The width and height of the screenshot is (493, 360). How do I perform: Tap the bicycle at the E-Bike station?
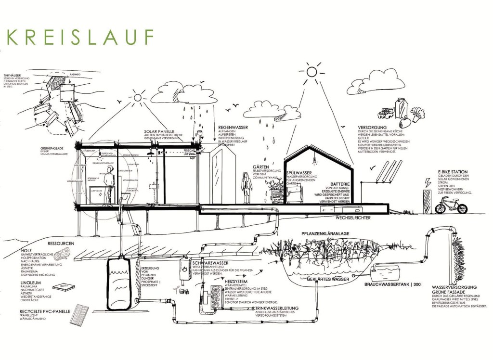(x=450, y=205)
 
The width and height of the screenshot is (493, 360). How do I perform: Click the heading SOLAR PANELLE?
(x=159, y=131)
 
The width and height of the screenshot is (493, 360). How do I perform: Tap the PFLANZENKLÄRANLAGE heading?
(x=325, y=233)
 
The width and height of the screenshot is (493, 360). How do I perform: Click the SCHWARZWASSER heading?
(x=210, y=264)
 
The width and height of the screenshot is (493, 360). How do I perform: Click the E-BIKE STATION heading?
(x=453, y=172)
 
